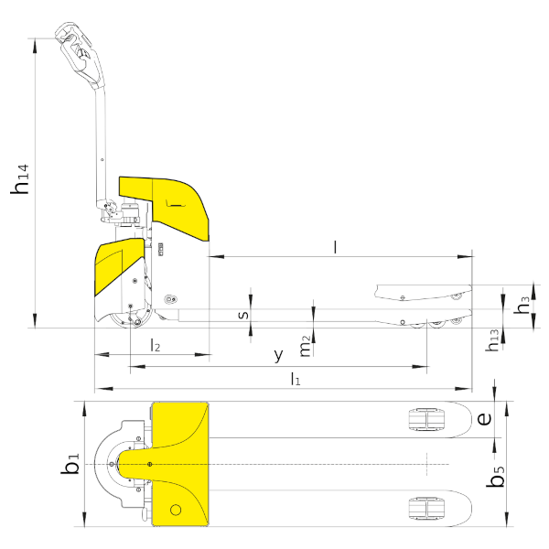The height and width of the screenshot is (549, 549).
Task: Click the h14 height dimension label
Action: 20,179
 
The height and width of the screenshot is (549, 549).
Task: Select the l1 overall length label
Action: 296,379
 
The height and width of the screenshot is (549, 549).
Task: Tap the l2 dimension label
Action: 156,345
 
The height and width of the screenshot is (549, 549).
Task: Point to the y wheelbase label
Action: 278,356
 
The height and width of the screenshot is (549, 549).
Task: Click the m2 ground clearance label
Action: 306,346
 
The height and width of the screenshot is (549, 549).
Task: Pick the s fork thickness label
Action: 243,315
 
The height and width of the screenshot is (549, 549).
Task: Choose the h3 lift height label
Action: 522,305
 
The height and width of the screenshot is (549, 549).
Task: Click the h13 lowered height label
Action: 492,340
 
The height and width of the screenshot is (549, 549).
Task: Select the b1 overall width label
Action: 70,464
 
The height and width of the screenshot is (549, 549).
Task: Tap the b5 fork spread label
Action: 495,476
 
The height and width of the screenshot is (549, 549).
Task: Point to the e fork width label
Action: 484,419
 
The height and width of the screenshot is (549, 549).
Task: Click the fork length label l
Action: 336,247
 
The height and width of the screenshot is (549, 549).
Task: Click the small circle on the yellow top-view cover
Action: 176,510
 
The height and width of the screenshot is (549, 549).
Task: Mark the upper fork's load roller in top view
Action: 426,419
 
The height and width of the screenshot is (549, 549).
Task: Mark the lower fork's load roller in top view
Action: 426,509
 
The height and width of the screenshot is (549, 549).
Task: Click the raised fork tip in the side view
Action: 470,288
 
